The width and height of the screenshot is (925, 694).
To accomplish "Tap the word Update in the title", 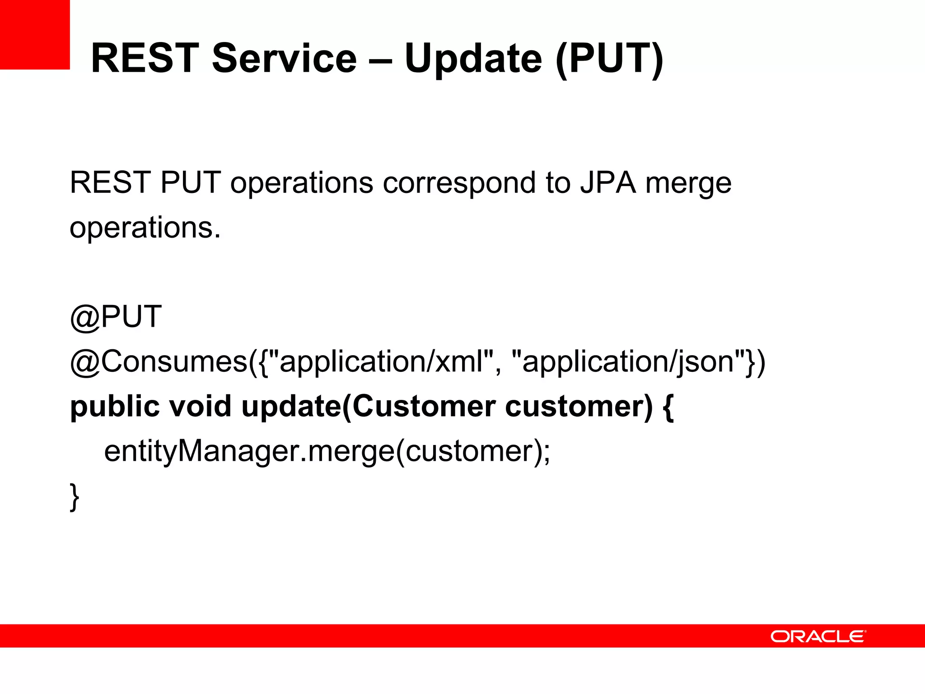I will coord(473,59).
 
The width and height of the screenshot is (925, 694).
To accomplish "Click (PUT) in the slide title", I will coord(609,59).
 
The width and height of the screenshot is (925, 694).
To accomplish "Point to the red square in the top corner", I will coord(35,34).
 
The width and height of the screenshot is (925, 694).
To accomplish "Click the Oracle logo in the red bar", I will coord(818,636).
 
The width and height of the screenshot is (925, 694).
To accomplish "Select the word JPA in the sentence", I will coord(608,183).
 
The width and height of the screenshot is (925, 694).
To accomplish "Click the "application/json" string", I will coord(628,361).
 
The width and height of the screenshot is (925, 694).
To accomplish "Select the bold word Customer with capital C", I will coord(424,406).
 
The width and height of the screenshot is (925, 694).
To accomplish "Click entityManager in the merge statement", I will coord(202,451).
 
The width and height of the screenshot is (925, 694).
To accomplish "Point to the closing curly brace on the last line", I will coord(75,497).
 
